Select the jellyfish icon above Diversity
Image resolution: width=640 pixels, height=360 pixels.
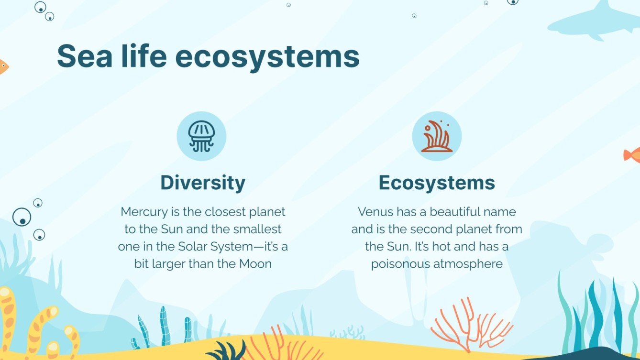(201, 136)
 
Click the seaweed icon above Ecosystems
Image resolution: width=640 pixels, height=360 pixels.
(436, 136)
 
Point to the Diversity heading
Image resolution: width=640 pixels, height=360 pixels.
(203, 183)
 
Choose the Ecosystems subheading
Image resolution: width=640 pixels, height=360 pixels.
(437, 183)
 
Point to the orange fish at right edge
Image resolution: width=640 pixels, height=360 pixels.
(632, 154)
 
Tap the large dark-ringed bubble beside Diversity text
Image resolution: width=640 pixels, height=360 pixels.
(22, 217)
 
